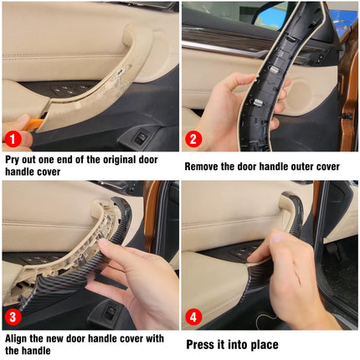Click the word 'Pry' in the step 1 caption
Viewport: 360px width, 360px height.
pos(14,157)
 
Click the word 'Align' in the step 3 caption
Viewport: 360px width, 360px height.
pos(18,337)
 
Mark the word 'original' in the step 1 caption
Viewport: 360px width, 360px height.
pos(137,157)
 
